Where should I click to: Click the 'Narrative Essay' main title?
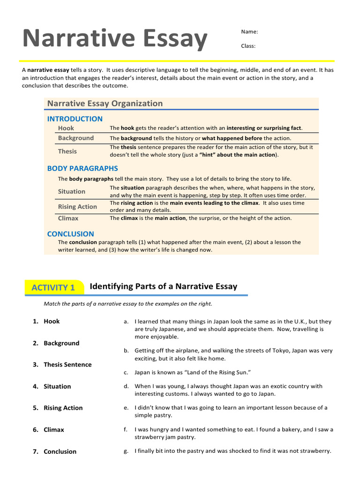[x=115, y=39]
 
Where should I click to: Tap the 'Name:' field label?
[x=249, y=32]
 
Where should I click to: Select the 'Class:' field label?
[x=248, y=46]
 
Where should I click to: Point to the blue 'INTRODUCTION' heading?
[x=75, y=119]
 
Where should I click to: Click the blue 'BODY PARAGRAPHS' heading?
[x=82, y=168]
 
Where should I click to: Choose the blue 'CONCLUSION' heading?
[x=70, y=233]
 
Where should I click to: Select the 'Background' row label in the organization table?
[x=76, y=138]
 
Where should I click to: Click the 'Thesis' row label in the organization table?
[x=67, y=151]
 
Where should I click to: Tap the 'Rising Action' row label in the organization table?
[x=77, y=207]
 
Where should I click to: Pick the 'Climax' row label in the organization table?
[x=68, y=218]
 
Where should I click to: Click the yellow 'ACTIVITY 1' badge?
[x=53, y=287]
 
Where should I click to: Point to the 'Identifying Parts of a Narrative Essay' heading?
[x=163, y=286]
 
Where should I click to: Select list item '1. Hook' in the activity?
[x=47, y=321]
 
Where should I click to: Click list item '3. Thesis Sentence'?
[x=62, y=365]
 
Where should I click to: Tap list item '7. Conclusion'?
[x=55, y=451]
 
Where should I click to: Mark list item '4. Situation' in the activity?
[x=52, y=386]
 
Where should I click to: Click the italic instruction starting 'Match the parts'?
[x=128, y=304]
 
